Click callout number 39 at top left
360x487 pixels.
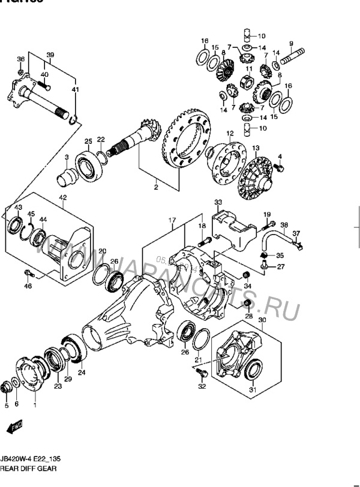click(x=50, y=55)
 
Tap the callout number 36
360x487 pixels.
click(x=21, y=59)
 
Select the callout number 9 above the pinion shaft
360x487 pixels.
click(x=290, y=43)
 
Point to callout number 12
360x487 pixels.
click(x=229, y=134)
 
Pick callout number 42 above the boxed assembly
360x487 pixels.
click(x=62, y=198)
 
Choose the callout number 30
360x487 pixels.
click(x=262, y=321)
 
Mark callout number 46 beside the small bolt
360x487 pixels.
click(x=28, y=287)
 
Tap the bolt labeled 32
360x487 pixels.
click(x=201, y=374)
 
